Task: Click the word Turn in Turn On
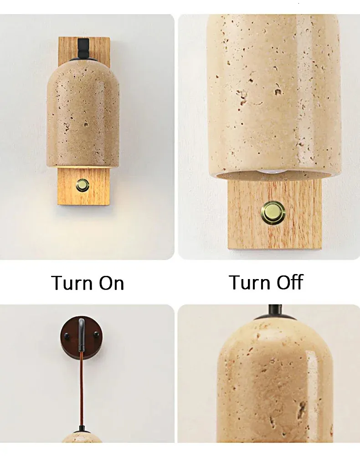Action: [x=72, y=283]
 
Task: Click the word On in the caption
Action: [x=112, y=283]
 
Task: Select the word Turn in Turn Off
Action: [x=250, y=282]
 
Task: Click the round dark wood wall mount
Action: [x=81, y=337]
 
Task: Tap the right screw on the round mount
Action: [x=96, y=334]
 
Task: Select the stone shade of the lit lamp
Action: [x=83, y=114]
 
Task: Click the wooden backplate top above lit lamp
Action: [x=84, y=49]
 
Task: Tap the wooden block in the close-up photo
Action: [x=274, y=214]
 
